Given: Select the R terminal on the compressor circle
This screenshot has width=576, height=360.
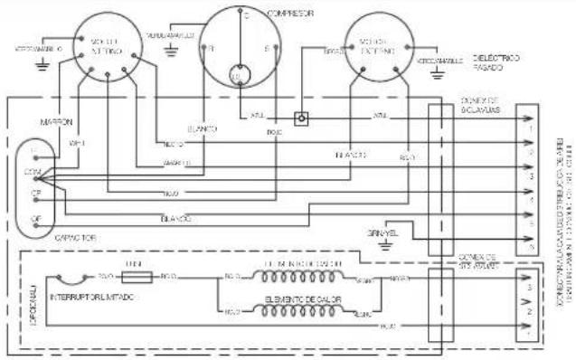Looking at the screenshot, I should pos(212,47).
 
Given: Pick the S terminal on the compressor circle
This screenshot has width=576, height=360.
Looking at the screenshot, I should pos(266,47).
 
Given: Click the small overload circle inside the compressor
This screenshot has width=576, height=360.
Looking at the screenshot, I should pos(241,75).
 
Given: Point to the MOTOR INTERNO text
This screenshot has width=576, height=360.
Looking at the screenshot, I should pos(106,47).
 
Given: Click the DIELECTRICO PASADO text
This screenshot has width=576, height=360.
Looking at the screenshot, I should pos(496,62).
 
